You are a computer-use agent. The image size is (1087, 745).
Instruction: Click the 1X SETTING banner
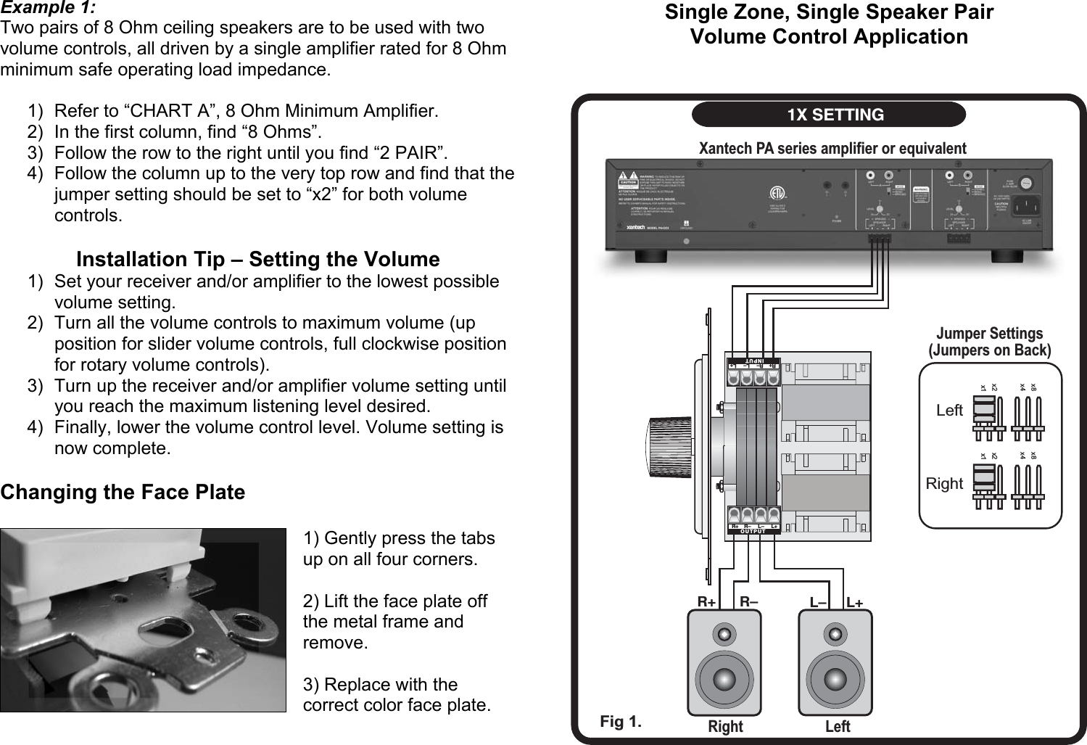[829, 115]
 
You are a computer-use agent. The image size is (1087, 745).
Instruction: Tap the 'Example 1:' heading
[48, 8]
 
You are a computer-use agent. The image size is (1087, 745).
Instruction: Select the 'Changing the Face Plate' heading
[123, 492]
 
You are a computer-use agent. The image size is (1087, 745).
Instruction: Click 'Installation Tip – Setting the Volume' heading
[257, 259]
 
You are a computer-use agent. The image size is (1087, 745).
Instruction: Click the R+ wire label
[706, 602]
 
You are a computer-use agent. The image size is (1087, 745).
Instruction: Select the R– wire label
[749, 602]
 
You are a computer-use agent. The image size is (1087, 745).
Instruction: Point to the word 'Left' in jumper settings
[949, 411]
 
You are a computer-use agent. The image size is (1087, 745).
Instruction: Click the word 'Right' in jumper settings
[944, 484]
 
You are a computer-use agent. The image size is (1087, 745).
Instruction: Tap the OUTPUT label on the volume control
[753, 532]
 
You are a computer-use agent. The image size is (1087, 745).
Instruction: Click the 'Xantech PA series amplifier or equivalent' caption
[832, 149]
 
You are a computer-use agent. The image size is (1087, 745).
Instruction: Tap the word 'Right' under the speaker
[725, 726]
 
